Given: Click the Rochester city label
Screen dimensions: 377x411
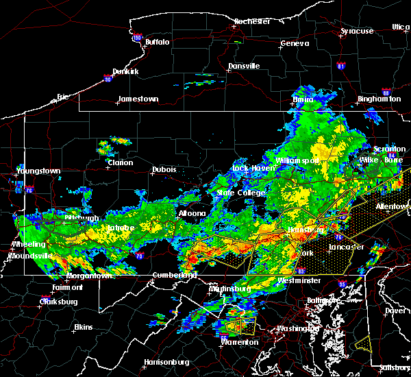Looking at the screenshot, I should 252,21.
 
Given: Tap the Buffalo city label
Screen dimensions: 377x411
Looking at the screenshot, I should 158,42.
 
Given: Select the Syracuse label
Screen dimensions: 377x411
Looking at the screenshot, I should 357,31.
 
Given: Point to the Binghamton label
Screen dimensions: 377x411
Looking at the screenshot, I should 379,99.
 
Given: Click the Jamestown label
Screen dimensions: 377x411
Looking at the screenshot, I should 138,99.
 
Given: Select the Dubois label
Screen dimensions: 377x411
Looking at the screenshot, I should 164,169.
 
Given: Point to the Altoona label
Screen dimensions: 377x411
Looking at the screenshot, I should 192,213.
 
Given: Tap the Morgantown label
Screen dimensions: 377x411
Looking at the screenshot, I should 89,276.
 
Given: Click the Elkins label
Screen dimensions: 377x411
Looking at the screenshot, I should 84,327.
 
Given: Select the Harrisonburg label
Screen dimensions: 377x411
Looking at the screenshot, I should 166,362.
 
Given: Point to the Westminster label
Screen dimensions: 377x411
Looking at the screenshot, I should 299,281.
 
